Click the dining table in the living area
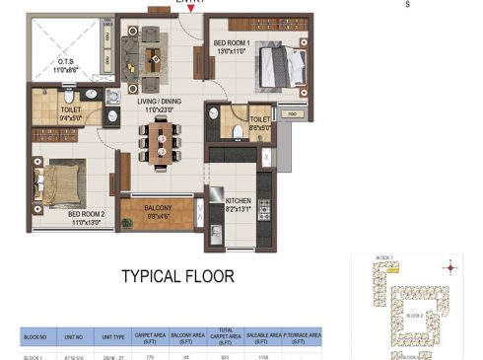[162, 142]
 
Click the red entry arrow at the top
[204, 9]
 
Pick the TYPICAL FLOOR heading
[177, 277]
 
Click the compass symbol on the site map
[451, 266]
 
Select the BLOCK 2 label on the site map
[415, 317]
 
